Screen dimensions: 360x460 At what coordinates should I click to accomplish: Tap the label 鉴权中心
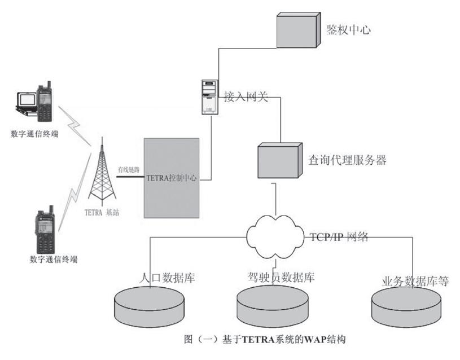pos(349,30)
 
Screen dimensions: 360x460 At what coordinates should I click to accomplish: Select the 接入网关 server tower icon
pos(209,96)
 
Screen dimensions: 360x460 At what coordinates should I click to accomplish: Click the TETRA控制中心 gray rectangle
pos(172,177)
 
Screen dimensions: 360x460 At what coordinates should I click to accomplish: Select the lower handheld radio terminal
pos(44,231)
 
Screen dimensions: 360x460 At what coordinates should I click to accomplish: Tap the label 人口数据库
pos(166,278)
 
